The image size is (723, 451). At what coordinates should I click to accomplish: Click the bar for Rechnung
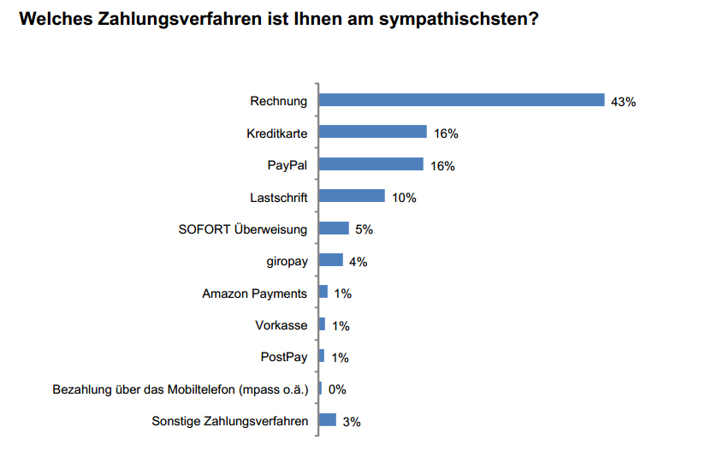[461, 100]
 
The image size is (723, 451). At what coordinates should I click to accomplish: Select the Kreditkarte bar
[372, 132]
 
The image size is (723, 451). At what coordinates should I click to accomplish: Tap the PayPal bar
[370, 164]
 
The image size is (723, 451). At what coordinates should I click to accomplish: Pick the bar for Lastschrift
[352, 196]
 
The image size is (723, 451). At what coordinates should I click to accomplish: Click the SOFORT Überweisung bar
[334, 228]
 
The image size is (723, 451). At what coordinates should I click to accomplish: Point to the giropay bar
[330, 260]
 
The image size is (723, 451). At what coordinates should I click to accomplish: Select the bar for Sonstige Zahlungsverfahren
[328, 419]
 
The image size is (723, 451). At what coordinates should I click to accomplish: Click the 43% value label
[623, 102]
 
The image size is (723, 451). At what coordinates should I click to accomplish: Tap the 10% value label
[404, 198]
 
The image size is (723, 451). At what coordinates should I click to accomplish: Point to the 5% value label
[364, 229]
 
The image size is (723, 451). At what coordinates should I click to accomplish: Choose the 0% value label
[337, 389]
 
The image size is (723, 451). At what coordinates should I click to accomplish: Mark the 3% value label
[352, 421]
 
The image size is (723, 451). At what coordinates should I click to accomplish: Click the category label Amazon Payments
[254, 294]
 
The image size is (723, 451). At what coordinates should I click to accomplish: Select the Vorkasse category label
[281, 325]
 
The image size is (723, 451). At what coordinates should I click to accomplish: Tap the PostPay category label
[283, 357]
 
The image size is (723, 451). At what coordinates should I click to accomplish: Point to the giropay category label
[287, 261]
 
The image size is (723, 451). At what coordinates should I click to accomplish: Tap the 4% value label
[358, 262]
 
